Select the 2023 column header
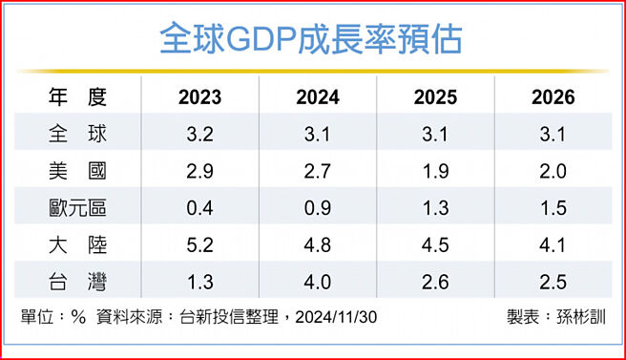[199, 97]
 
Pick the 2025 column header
[435, 97]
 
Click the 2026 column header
[553, 97]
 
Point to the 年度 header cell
[76, 96]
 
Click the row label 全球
[76, 135]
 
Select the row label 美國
[76, 171]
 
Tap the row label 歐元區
[76, 208]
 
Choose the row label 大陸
[76, 245]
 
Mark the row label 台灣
[76, 283]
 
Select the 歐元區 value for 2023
[199, 208]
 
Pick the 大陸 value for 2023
[199, 245]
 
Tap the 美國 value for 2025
[435, 171]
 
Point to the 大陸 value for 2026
[553, 245]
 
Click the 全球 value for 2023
[199, 135]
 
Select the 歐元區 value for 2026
[553, 208]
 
